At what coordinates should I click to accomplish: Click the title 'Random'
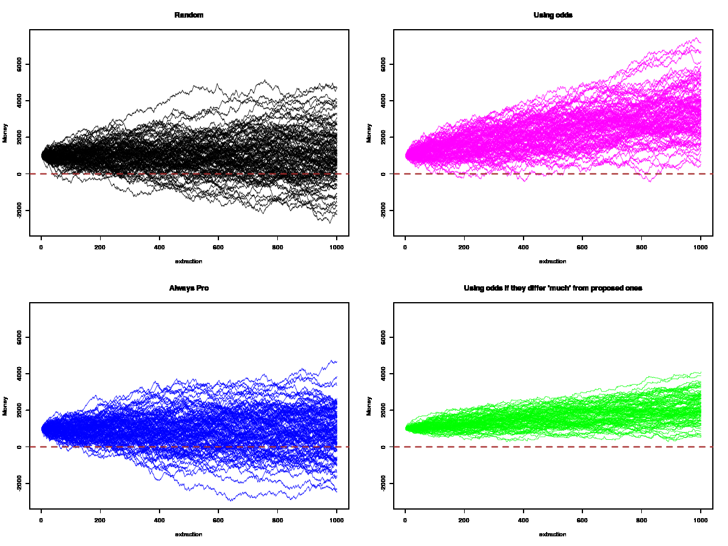(189, 15)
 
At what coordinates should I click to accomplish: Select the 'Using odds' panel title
(553, 15)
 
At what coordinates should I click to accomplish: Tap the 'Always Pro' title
(189, 288)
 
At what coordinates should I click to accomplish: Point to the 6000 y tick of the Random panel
(20, 64)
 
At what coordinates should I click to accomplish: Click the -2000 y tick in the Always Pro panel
(20, 484)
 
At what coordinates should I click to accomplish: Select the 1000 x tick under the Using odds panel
(700, 247)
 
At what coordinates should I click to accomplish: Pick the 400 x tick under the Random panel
(159, 247)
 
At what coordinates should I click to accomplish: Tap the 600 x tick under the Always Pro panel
(218, 520)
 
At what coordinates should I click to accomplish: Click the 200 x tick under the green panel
(464, 520)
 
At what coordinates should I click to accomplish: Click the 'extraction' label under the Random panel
(189, 261)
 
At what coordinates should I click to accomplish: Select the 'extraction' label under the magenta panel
(553, 261)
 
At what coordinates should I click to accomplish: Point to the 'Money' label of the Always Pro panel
(5, 406)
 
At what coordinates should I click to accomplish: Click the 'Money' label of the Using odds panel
(369, 133)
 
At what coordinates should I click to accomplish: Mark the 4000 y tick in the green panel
(384, 374)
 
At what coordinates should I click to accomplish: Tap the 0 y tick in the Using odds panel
(384, 174)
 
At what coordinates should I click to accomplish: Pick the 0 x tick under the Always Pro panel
(41, 520)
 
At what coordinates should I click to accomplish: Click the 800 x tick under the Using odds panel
(641, 247)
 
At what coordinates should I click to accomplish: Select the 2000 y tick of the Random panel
(20, 137)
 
